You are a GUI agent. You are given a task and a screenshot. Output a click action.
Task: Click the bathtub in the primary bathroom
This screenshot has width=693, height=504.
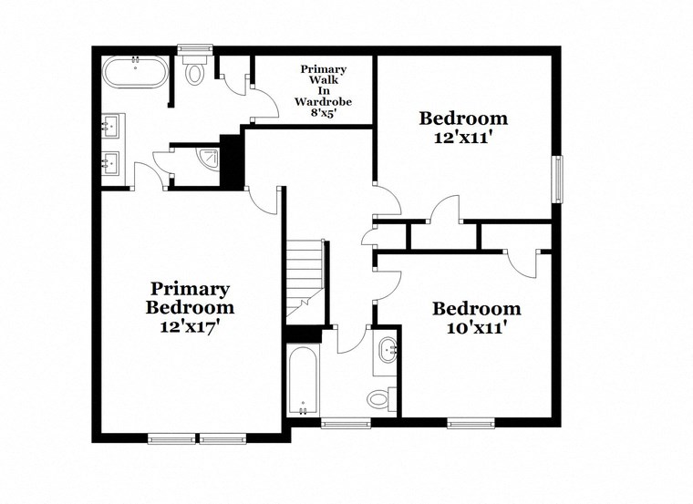136,73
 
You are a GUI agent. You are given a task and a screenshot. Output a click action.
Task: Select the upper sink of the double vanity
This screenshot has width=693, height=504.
114,123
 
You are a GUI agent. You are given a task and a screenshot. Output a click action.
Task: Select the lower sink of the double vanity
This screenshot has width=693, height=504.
114,162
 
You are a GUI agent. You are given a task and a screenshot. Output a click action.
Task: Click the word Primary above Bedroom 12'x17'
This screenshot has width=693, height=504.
190,288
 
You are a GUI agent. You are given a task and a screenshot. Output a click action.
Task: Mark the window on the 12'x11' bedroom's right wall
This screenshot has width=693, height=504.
557,179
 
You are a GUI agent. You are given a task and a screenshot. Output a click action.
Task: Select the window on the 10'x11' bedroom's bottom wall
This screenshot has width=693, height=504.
471,422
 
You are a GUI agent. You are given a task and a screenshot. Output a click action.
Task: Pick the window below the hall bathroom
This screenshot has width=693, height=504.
345,422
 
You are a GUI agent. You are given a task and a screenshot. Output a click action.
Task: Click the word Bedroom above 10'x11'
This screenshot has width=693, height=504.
476,308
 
